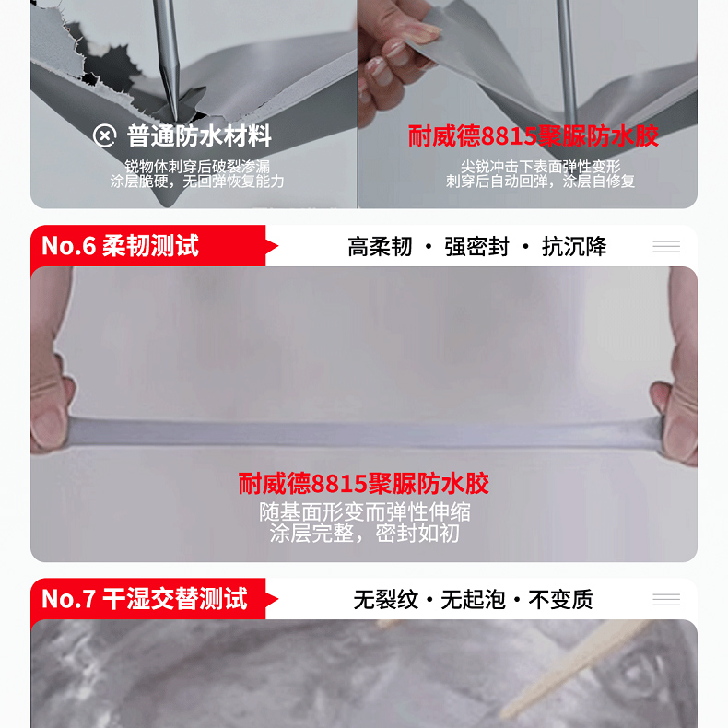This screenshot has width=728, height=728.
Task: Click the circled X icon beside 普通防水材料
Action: (104, 135)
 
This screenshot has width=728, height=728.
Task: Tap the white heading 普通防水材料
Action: (199, 136)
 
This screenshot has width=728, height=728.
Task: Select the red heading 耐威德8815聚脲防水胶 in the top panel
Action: (533, 136)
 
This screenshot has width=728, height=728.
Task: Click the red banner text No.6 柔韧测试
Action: (120, 246)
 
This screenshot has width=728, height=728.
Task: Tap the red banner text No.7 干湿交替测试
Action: (145, 598)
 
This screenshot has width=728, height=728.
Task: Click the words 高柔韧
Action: (381, 247)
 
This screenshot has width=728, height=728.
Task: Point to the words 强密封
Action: (476, 247)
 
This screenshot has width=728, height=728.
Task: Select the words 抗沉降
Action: (574, 247)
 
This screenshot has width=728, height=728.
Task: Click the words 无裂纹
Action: (386, 599)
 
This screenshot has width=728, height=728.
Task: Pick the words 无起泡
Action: (473, 599)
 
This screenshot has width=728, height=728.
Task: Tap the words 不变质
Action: (561, 599)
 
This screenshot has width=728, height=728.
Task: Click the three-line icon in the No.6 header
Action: (666, 247)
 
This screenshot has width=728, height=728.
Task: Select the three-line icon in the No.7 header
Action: (666, 599)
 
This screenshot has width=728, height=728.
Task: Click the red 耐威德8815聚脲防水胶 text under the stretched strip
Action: (363, 483)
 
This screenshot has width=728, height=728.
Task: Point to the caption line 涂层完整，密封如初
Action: (365, 534)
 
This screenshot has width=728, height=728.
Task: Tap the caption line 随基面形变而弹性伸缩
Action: (365, 512)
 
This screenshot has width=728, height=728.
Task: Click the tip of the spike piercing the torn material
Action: (175, 122)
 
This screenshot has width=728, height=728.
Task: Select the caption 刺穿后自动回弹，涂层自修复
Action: (540, 181)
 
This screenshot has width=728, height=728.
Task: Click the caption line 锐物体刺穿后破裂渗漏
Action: (197, 166)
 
